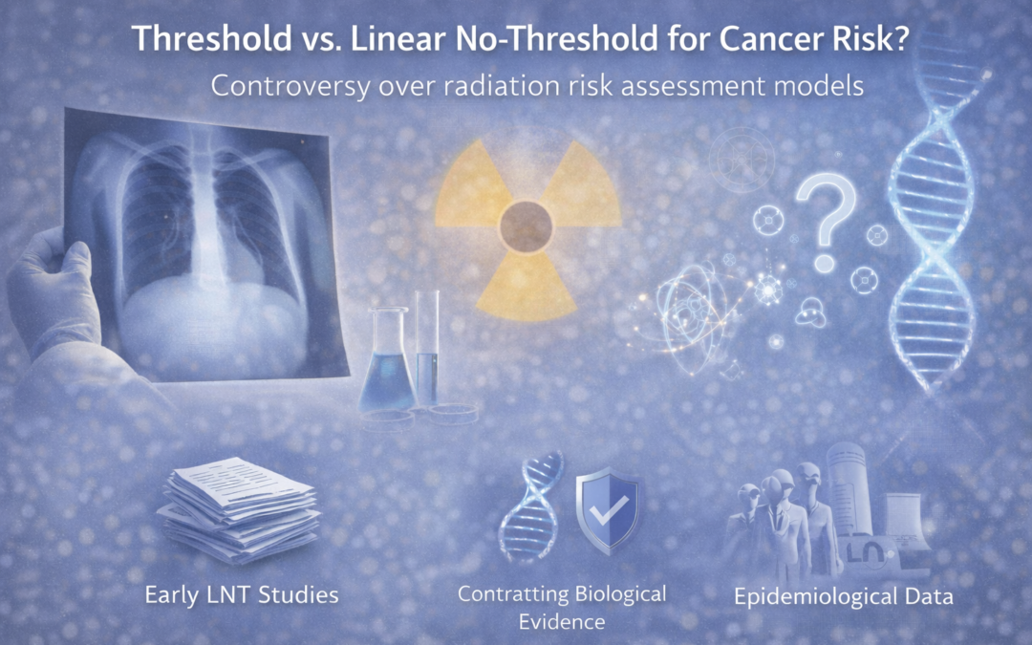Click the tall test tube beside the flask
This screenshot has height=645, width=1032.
pyautogui.click(x=427, y=349)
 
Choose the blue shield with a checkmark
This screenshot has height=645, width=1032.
pyautogui.click(x=606, y=511)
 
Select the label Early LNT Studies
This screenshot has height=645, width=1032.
pyautogui.click(x=241, y=595)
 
